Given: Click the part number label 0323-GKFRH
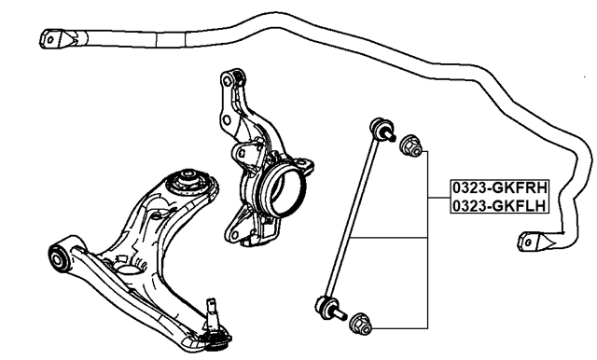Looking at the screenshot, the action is [x=497, y=186].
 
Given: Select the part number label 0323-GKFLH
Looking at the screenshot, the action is [x=497, y=204].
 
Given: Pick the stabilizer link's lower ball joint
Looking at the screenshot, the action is [x=326, y=303].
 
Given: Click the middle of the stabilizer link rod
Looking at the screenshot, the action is [x=353, y=217].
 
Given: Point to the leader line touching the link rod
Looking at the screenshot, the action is [x=392, y=236].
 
